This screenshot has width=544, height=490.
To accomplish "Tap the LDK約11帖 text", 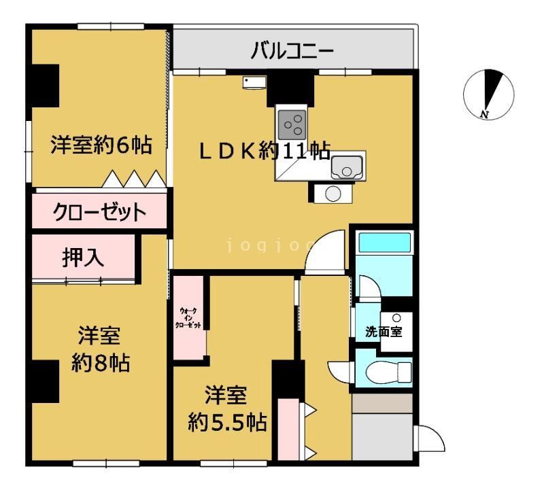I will (x=265, y=151).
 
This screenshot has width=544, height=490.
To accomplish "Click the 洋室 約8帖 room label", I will (x=99, y=349).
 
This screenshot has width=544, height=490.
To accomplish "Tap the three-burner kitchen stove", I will (x=293, y=124).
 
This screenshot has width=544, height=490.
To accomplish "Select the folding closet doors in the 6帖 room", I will (x=135, y=179).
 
